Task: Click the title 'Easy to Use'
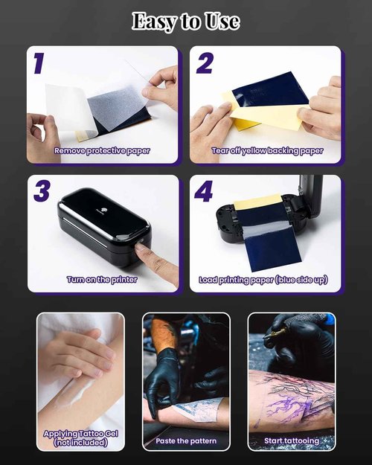pos(185,22)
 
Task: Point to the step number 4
pos(204,192)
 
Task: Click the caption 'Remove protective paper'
pos(102,151)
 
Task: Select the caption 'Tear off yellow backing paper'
pos(267,151)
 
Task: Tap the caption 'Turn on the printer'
pos(103,280)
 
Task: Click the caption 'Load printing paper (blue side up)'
pos(263,280)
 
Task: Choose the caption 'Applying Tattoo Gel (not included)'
pos(80,437)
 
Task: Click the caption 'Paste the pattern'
pos(186,441)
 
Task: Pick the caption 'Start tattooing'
pos(291,441)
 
